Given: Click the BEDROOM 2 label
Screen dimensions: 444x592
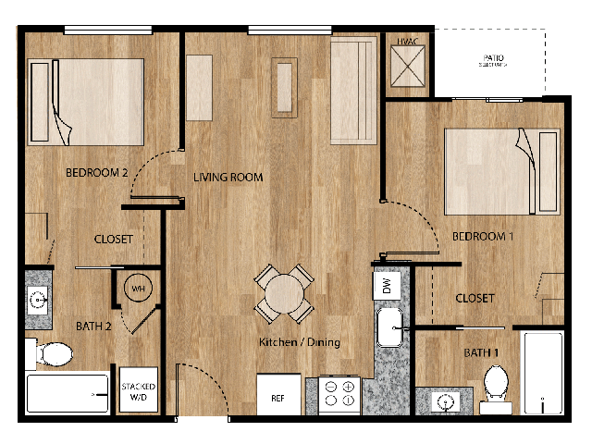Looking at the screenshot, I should pos(95,173).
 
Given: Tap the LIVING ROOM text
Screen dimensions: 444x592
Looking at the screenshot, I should pos(228,178).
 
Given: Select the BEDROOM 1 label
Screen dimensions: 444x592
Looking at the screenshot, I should pos(482,236).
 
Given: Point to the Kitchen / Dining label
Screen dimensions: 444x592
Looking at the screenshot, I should pos(299,342).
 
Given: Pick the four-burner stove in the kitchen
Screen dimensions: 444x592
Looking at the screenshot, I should pos(339,395).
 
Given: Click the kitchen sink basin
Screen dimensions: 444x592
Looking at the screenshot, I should pos(389,327).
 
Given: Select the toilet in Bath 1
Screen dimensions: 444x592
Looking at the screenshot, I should pos(497,381).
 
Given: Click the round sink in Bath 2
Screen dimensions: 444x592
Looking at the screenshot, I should pos(38,300).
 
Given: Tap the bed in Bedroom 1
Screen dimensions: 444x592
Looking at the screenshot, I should pos(501,162).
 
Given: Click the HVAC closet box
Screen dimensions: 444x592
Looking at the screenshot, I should pos(407,66).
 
